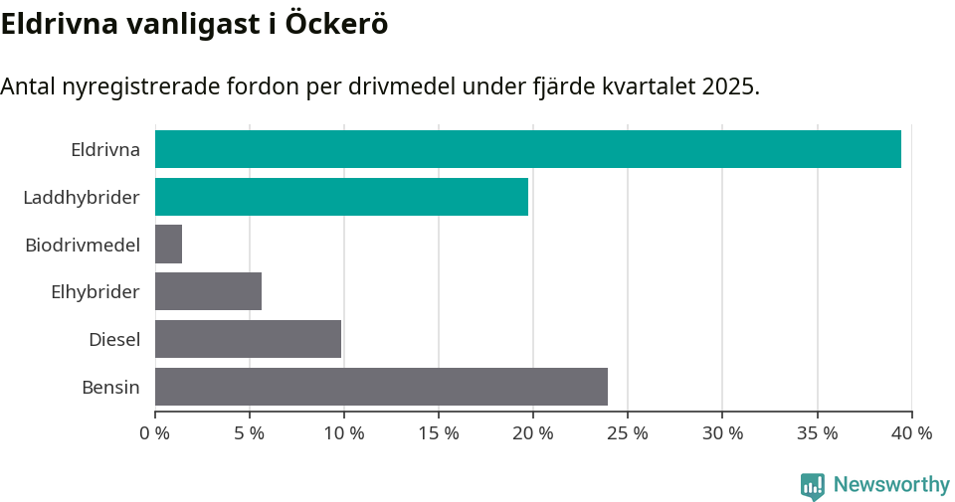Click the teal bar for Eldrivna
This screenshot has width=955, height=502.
pyautogui.click(x=527, y=149)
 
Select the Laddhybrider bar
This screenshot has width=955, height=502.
pyautogui.click(x=341, y=197)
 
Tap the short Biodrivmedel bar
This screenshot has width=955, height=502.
pyautogui.click(x=168, y=244)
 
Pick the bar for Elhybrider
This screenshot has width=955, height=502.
pyautogui.click(x=208, y=291)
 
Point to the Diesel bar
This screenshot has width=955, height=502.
pyautogui.click(x=248, y=339)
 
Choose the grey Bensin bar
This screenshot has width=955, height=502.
pyautogui.click(x=381, y=387)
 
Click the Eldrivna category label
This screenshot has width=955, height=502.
pyautogui.click(x=104, y=150)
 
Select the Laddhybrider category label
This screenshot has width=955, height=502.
pyautogui.click(x=81, y=198)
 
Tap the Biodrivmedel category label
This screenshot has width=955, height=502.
pyautogui.click(x=82, y=245)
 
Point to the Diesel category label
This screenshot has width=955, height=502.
pyautogui.click(x=113, y=340)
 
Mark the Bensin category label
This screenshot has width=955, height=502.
pyautogui.click(x=110, y=388)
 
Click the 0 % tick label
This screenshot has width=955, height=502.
pyautogui.click(x=154, y=433)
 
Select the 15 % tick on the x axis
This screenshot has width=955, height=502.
pyautogui.click(x=439, y=433)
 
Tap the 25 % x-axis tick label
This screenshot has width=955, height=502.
pyautogui.click(x=628, y=433)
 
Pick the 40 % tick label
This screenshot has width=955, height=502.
pyautogui.click(x=911, y=433)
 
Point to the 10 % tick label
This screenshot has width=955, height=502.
pyautogui.click(x=343, y=433)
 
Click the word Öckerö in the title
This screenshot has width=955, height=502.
pyautogui.click(x=336, y=25)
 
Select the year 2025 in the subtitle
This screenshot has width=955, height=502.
pyautogui.click(x=728, y=86)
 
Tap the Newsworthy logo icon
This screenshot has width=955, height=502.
pyautogui.click(x=813, y=486)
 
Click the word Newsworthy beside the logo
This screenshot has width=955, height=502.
pyautogui.click(x=891, y=485)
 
